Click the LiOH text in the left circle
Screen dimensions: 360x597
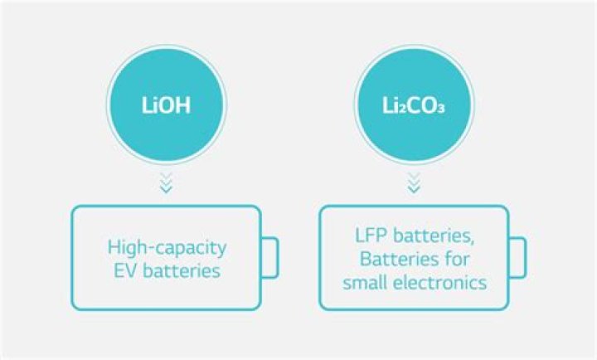coord(167,108)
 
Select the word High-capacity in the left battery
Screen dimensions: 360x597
coord(167,246)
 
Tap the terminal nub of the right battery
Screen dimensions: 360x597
coord(517,257)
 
